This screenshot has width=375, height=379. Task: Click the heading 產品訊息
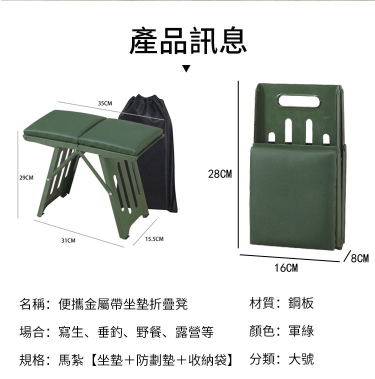tap(188, 40)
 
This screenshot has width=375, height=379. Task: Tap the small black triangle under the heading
tap(186, 68)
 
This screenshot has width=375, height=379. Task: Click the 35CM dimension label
tap(105, 103)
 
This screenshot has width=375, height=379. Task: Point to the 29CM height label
tap(26, 178)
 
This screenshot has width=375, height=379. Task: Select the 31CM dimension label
tap(68, 240)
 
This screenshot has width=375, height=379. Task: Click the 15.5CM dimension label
tap(154, 239)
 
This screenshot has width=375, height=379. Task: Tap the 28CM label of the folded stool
tap(220, 174)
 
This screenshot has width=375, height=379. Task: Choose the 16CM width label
tap(286, 268)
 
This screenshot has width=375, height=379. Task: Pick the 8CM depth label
tap(360, 258)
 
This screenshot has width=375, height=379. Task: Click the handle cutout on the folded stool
tap(298, 101)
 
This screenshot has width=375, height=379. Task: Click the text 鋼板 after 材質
tap(301, 303)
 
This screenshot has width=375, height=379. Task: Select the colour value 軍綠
tap(301, 331)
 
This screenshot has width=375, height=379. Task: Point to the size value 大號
tap(301, 359)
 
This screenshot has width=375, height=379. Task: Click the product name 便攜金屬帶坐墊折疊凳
tap(123, 304)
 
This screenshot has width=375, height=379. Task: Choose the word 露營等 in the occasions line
tap(194, 332)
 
